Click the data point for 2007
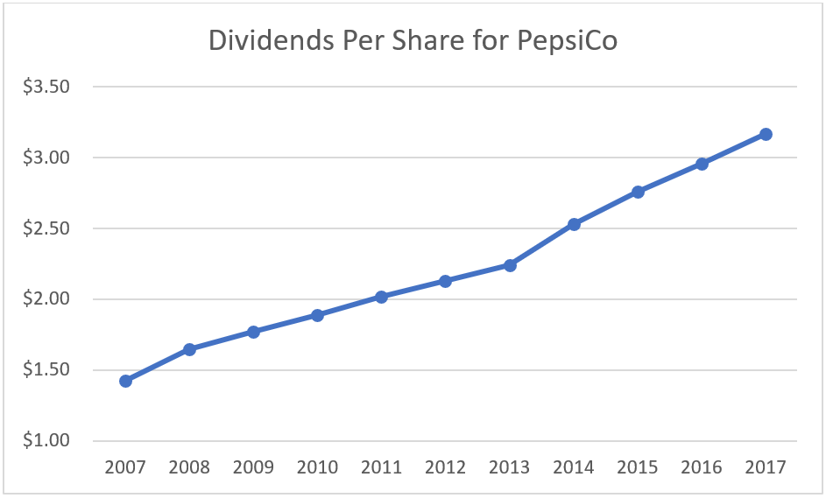[125, 381]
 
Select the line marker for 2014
[574, 224]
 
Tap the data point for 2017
[766, 134]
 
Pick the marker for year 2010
[317, 315]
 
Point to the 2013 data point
[510, 265]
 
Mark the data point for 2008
[189, 349]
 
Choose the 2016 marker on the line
[702, 164]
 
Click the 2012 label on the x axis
[446, 468]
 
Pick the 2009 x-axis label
[253, 468]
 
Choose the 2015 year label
[638, 468]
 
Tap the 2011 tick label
[382, 468]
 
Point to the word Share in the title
[425, 42]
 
